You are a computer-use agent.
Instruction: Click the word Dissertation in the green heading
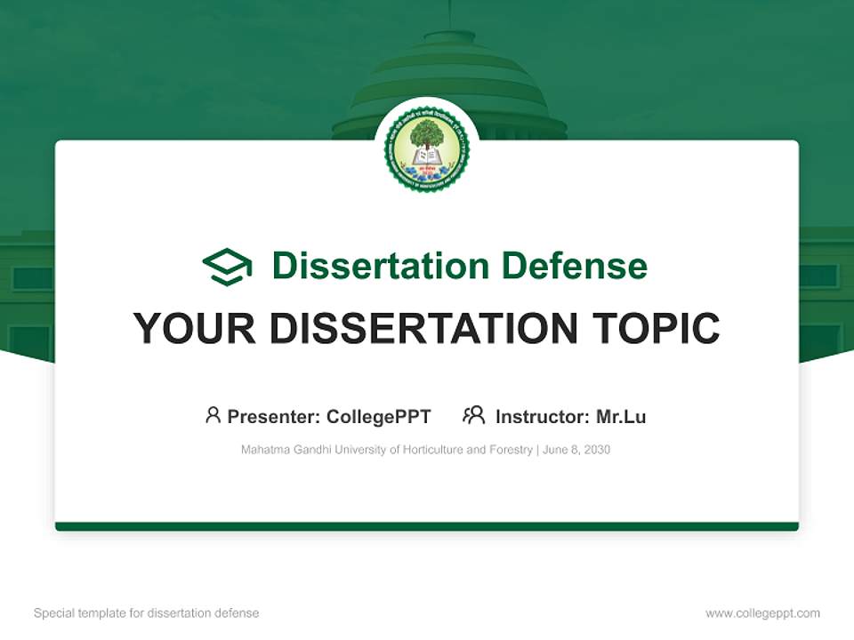(x=380, y=266)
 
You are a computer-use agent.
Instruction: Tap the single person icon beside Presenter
(x=213, y=415)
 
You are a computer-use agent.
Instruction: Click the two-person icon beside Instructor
(x=473, y=415)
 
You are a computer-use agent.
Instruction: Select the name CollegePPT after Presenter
(x=378, y=417)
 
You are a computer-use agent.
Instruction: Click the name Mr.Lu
(x=621, y=417)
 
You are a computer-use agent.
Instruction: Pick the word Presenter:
(x=274, y=417)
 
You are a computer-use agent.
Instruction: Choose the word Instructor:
(x=543, y=417)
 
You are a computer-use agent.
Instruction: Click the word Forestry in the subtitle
(x=510, y=450)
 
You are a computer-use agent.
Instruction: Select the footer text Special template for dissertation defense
(x=147, y=613)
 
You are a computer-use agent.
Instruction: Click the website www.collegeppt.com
(x=762, y=613)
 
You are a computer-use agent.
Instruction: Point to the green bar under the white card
(x=427, y=527)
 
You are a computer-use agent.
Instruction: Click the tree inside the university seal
(x=427, y=136)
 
